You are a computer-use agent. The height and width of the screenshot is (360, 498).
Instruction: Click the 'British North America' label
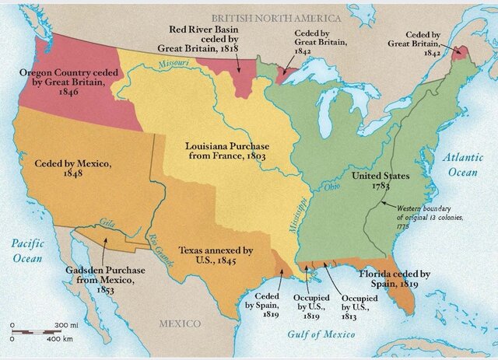click(x=276, y=17)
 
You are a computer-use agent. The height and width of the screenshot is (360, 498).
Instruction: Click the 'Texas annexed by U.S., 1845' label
click(x=216, y=256)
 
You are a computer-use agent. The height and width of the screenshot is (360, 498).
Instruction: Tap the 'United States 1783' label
click(x=381, y=181)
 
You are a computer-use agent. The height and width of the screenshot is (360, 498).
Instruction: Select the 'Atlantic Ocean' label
click(x=464, y=164)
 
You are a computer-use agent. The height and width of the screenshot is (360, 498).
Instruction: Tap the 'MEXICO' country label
click(x=180, y=323)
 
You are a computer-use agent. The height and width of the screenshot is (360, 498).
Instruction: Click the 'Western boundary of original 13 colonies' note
click(x=430, y=218)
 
